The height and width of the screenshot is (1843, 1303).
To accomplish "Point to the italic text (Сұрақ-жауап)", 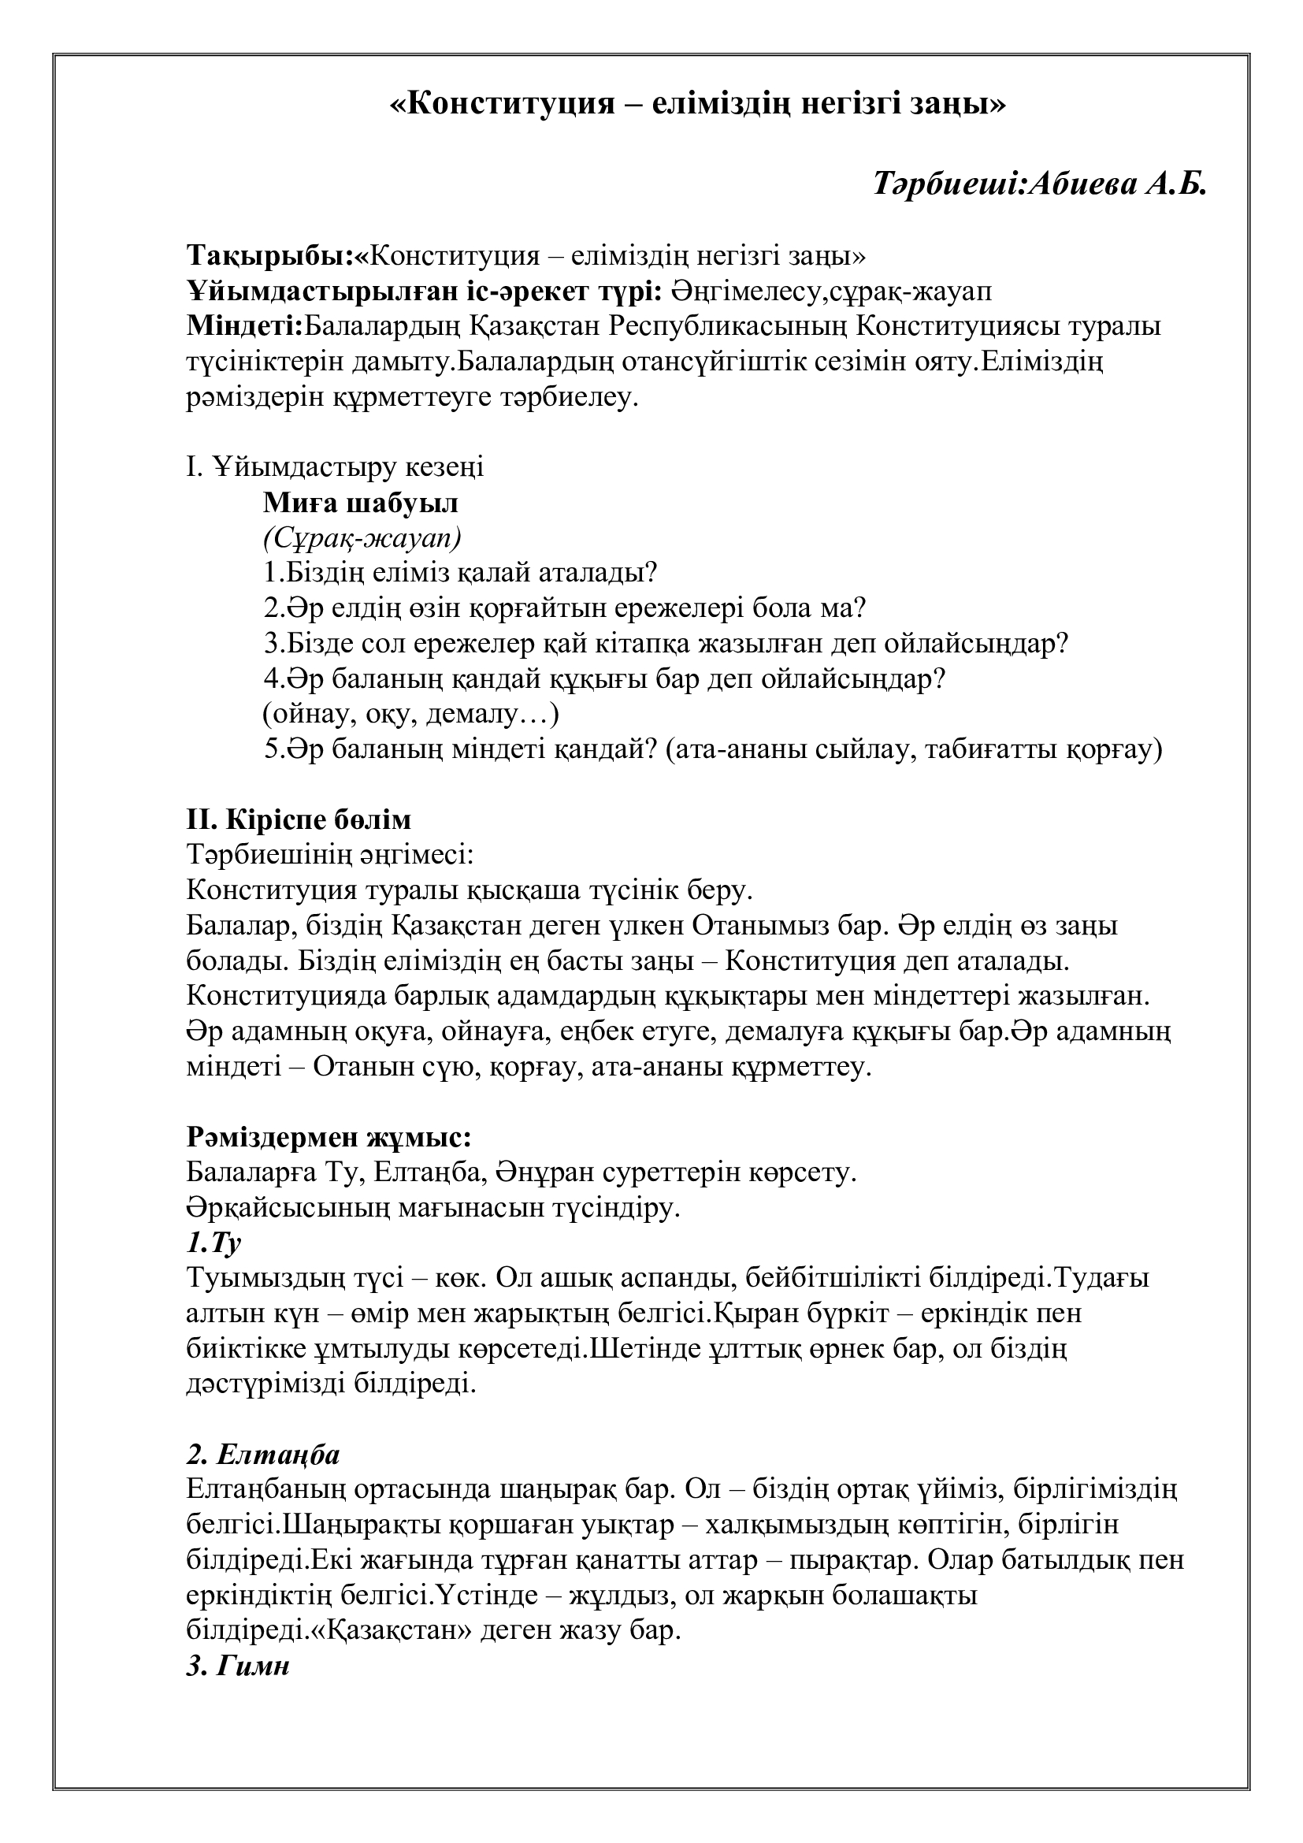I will [362, 539].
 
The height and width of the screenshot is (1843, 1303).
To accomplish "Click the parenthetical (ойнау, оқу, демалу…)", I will [410, 714].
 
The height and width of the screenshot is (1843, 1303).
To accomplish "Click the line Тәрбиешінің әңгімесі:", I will [330, 855].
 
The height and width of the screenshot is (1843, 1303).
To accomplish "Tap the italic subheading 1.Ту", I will [213, 1243].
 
